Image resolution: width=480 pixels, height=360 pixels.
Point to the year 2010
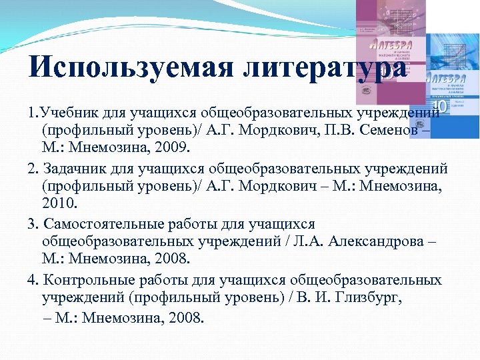tap(59, 203)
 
